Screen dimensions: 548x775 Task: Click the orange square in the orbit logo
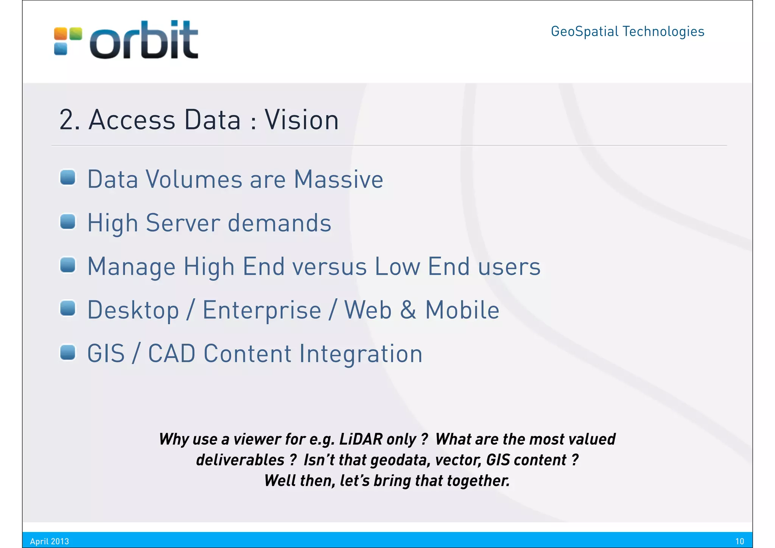pyautogui.click(x=61, y=34)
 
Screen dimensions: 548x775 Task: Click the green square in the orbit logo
pyautogui.click(x=76, y=34)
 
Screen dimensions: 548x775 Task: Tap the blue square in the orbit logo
pyautogui.click(x=61, y=49)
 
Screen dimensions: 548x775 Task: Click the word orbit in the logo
pyautogui.click(x=144, y=41)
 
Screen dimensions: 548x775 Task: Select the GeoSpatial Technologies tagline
pyautogui.click(x=627, y=31)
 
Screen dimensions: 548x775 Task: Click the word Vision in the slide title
pyautogui.click(x=301, y=120)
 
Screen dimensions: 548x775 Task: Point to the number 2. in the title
pyautogui.click(x=69, y=120)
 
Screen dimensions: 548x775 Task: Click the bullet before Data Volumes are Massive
pyautogui.click(x=68, y=178)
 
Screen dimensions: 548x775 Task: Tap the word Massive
pyautogui.click(x=338, y=179)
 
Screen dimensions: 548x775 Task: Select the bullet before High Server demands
pyautogui.click(x=68, y=222)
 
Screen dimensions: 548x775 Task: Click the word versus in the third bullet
pyautogui.click(x=329, y=267)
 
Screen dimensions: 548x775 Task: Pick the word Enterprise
pyautogui.click(x=262, y=310)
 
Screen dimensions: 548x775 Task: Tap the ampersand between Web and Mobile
pyautogui.click(x=408, y=310)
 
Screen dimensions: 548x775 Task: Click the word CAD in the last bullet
pyautogui.click(x=171, y=354)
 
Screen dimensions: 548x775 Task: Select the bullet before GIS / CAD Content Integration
pyautogui.click(x=68, y=352)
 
